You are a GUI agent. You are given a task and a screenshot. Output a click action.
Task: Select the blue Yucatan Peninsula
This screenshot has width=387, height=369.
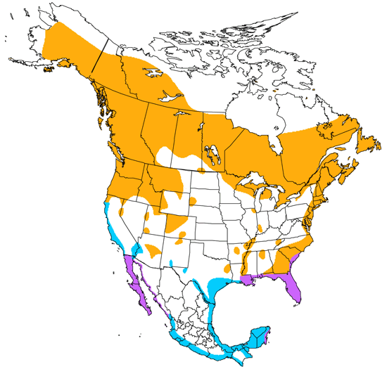[x=261, y=337]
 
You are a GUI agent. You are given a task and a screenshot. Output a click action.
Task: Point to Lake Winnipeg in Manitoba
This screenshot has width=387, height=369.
[x=210, y=152]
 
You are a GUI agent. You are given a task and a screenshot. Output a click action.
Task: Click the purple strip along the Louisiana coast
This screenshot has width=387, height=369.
[x=246, y=280]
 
